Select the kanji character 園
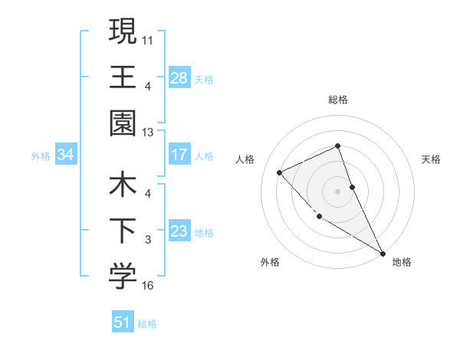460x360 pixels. pos(122,123)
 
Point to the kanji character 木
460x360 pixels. pos(122,185)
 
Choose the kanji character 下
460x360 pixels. pos(122,231)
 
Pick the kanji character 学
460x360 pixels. pos(122,277)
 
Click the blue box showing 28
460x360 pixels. pos(179,77)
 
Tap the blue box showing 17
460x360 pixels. pos(179,155)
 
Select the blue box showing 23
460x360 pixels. pos(179,231)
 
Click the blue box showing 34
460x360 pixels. pos(65,155)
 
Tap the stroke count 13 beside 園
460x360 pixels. pos(148,133)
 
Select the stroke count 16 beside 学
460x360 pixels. pos(148,286)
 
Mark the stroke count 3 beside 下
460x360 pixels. pos(148,240)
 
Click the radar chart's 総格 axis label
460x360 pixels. pos(338,100)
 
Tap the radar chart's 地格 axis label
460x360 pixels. pos(402,263)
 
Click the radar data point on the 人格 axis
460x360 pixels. pos(280,172)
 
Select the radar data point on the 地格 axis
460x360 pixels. pos(383,253)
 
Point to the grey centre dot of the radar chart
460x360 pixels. pos(338,191)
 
